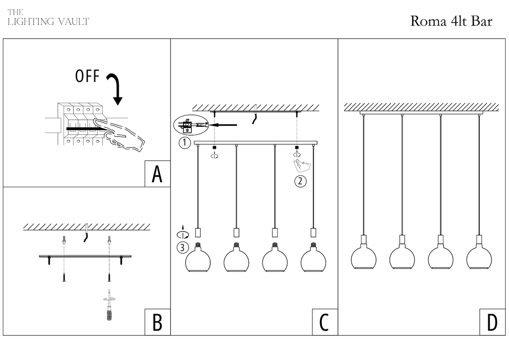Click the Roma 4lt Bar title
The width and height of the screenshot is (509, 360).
click(x=451, y=21)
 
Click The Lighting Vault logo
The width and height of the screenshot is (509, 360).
click(x=48, y=18)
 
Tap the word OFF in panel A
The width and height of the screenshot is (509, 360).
click(x=87, y=76)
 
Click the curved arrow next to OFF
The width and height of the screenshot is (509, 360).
click(x=115, y=88)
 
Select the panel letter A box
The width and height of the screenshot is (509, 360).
click(x=157, y=174)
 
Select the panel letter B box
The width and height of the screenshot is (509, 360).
click(x=157, y=323)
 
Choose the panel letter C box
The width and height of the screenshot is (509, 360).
click(x=324, y=323)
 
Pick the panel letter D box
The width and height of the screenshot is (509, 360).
click(x=492, y=323)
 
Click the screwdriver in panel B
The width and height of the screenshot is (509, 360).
click(x=110, y=306)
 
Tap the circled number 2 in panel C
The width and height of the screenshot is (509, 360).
click(x=300, y=181)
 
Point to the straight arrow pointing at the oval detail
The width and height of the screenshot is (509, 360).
click(x=223, y=125)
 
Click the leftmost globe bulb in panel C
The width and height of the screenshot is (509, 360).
click(x=197, y=259)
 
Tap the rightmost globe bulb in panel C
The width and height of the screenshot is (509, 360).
click(x=313, y=259)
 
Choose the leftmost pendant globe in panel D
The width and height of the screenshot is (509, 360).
click(x=363, y=257)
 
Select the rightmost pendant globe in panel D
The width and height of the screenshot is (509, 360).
click(x=479, y=257)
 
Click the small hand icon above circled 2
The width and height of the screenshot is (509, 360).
click(x=302, y=166)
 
